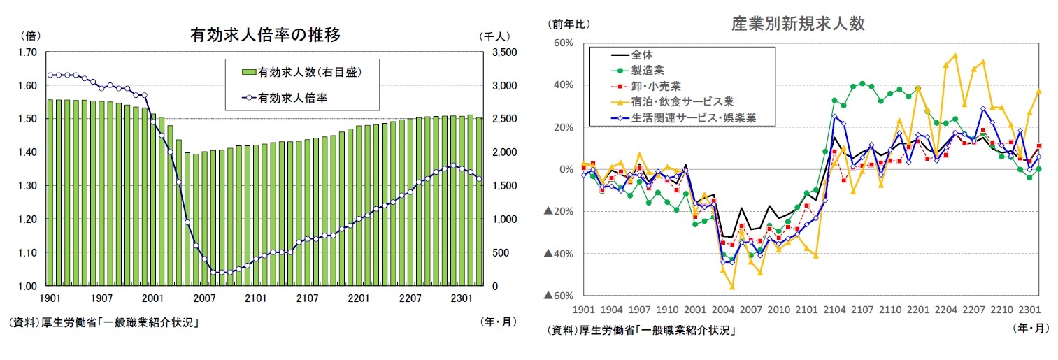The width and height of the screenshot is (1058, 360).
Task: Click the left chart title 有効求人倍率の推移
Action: coord(265,35)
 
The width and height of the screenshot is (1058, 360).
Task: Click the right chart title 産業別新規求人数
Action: coord(798,24)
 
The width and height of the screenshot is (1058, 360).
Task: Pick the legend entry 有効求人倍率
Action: coord(292,98)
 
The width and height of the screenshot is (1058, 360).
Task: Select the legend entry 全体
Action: coord(642,54)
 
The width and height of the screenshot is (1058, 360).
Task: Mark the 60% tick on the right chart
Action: coord(563,43)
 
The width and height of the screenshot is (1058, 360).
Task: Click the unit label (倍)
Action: coord(32,35)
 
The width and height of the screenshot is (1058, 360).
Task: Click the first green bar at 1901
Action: coord(50,192)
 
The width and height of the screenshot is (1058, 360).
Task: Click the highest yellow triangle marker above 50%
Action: coord(955,55)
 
